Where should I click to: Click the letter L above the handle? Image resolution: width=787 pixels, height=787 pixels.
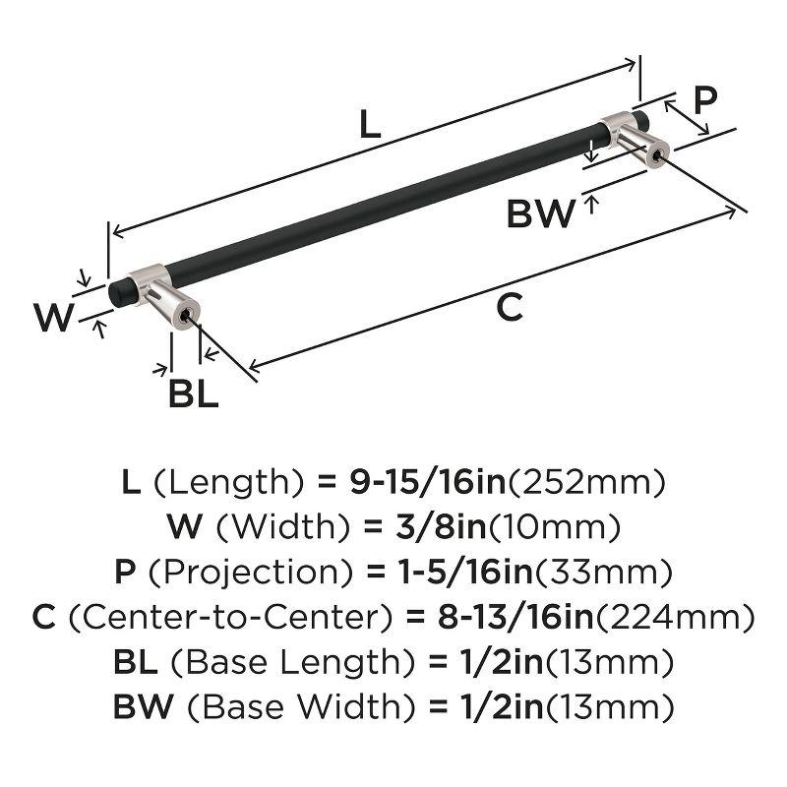pos(369,125)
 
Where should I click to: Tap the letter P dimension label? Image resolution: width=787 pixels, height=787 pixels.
pos(704,100)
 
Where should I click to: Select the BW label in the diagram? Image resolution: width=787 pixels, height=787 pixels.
pos(540,213)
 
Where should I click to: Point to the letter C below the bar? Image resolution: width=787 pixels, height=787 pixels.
pos(508,308)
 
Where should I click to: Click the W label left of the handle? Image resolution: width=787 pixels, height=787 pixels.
pos(53,318)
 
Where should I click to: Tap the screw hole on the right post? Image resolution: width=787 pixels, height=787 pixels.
pos(655,153)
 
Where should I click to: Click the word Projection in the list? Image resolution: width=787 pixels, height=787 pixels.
pos(261,572)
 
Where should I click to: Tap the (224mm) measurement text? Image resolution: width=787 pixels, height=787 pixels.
pos(683,617)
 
